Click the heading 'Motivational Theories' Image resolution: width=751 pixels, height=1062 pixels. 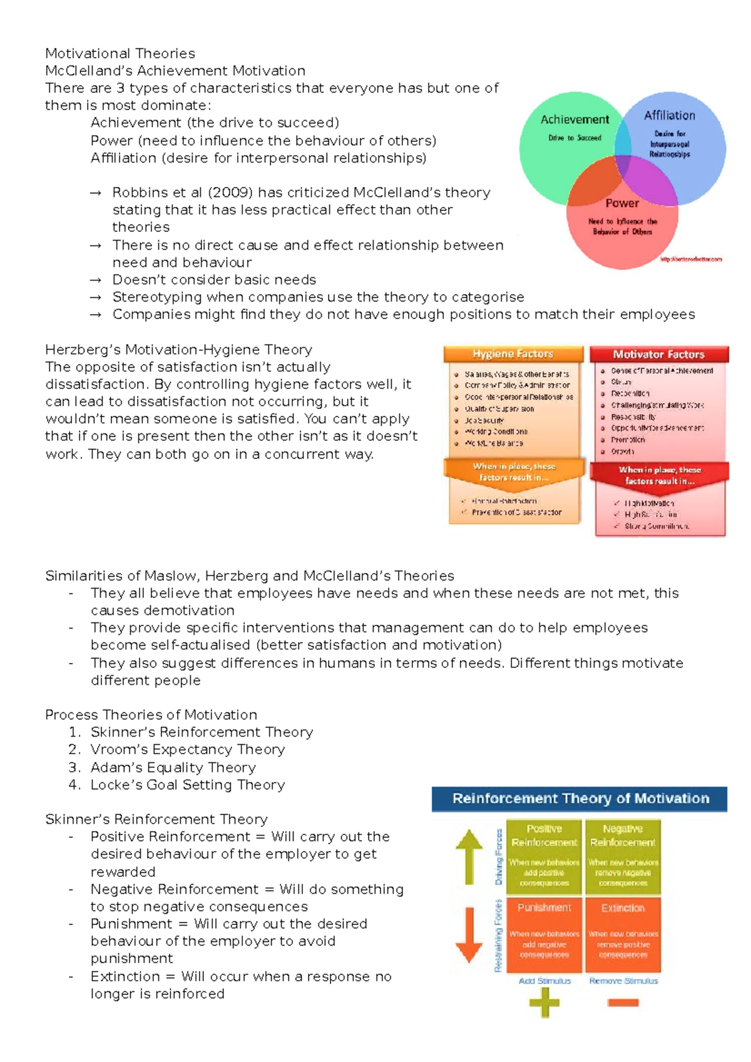(120, 53)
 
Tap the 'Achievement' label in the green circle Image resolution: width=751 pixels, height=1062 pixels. (575, 119)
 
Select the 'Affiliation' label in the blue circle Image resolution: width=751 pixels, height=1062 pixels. (670, 115)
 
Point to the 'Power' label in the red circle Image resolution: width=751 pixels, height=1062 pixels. (622, 203)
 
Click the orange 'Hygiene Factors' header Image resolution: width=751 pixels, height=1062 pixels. (513, 354)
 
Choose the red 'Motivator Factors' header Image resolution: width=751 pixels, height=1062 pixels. (658, 355)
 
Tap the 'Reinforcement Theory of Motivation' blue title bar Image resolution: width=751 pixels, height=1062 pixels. (580, 799)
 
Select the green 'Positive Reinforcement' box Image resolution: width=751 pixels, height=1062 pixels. (544, 856)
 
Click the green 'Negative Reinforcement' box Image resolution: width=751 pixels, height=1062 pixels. (623, 856)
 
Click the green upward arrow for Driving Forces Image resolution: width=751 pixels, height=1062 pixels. (469, 856)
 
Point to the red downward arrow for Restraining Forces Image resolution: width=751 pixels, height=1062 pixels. (469, 934)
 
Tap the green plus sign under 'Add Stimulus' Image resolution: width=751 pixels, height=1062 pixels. (544, 1003)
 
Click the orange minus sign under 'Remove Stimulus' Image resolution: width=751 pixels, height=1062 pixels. (623, 1003)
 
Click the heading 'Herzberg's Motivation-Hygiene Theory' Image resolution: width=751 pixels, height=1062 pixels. (178, 350)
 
